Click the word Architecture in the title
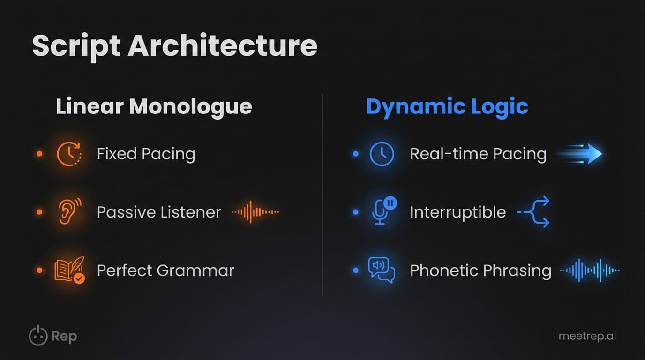coord(222,45)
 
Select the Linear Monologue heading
coord(154,107)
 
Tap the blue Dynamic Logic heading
coord(447,107)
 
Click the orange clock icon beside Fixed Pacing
coord(68,154)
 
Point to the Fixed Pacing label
coord(146,154)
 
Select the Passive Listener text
coord(158,212)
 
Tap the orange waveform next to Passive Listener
coord(255,212)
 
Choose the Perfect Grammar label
coord(165,270)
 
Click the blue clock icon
coord(382,154)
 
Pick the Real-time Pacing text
coord(478,154)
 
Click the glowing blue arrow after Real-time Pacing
coord(581,154)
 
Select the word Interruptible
coord(457,212)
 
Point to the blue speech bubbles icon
coord(382,270)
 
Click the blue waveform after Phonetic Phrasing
coord(590,270)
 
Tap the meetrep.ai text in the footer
coord(587,336)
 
